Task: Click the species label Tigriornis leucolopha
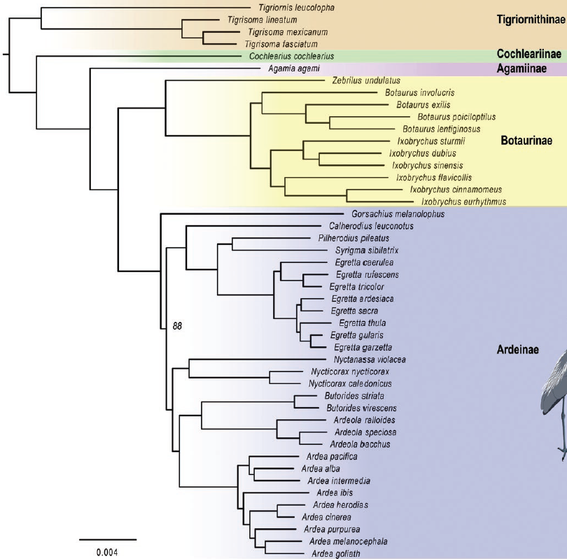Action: pos(297,8)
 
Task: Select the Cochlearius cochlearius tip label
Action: pos(291,57)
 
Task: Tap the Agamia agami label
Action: pos(294,69)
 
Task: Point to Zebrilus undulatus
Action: pos(366,80)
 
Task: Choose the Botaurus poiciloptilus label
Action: pos(456,117)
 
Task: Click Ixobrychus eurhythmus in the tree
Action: pos(463,202)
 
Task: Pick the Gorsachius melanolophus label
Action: pos(398,214)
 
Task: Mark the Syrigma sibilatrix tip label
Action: pos(367,250)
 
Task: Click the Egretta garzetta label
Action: pos(363,348)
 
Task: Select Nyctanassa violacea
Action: pos(370,360)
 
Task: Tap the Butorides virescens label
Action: pos(362,409)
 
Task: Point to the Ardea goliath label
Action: pos(336,554)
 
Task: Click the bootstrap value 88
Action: pos(177,326)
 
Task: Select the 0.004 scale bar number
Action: pos(107,553)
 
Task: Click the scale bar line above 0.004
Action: pos(108,539)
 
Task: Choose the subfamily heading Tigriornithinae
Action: pos(531,20)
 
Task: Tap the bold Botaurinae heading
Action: pos(526,141)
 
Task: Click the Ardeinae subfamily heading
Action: pos(518,350)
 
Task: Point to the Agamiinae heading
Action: pos(521,69)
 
